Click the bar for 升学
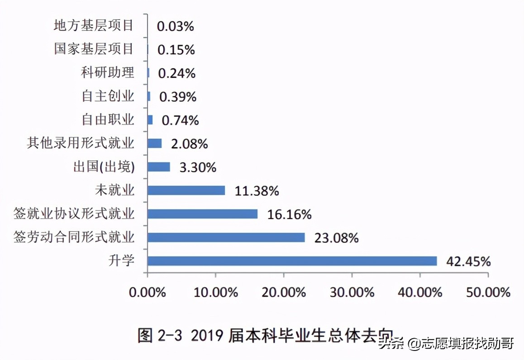click(x=292, y=261)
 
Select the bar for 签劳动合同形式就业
click(x=226, y=237)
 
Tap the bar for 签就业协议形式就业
click(x=202, y=214)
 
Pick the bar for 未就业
click(x=186, y=190)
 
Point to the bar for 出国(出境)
click(x=159, y=167)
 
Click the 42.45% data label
click(x=468, y=261)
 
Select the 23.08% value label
click(x=336, y=238)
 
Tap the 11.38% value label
click(x=257, y=191)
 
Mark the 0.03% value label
click(x=176, y=26)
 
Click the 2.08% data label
click(x=189, y=144)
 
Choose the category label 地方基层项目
click(x=94, y=25)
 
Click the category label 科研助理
click(x=108, y=72)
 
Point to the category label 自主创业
click(x=108, y=96)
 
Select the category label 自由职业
click(x=108, y=119)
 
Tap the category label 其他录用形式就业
click(x=81, y=143)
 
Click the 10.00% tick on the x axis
click(x=216, y=292)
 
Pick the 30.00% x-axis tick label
click(x=352, y=292)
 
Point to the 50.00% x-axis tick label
click(x=488, y=292)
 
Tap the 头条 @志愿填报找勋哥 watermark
click(x=446, y=344)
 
